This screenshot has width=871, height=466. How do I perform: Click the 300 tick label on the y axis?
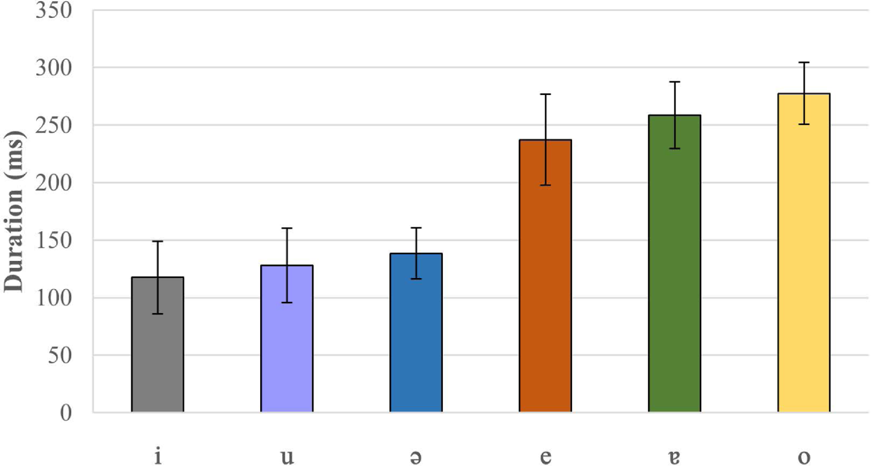pyautogui.click(x=54, y=68)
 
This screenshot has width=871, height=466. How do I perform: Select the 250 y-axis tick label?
pyautogui.click(x=54, y=125)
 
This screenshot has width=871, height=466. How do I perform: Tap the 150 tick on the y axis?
pyautogui.click(x=54, y=240)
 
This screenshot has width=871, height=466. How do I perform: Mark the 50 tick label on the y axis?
pyautogui.click(x=60, y=355)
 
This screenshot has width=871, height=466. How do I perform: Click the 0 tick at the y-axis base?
pyautogui.click(x=66, y=413)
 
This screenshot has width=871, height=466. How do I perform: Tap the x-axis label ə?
pyautogui.click(x=416, y=458)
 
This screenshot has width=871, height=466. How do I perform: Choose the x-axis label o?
pyautogui.click(x=804, y=458)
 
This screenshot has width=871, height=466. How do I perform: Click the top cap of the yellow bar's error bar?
pyautogui.click(x=804, y=62)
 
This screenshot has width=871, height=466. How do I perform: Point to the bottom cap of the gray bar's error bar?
pyautogui.click(x=158, y=314)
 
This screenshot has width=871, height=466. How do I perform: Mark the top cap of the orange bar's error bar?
pyautogui.click(x=545, y=94)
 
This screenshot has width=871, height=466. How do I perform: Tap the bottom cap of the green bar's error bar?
pyautogui.click(x=674, y=148)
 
